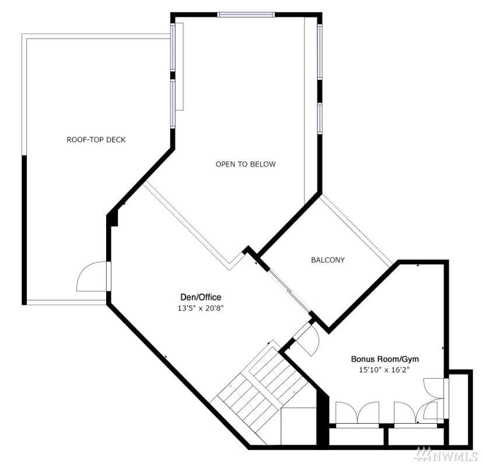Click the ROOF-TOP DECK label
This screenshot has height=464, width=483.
pyautogui.click(x=96, y=140)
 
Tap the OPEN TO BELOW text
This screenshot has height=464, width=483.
pyautogui.click(x=246, y=164)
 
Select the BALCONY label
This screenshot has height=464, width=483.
pyautogui.click(x=328, y=260)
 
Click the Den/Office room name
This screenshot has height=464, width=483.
pyautogui.click(x=201, y=297)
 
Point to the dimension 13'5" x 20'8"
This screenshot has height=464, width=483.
pyautogui.click(x=200, y=308)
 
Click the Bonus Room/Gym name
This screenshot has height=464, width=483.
pyautogui.click(x=385, y=359)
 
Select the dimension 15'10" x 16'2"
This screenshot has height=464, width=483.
pyautogui.click(x=384, y=369)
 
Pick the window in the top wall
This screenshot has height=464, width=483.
pyautogui.click(x=246, y=15)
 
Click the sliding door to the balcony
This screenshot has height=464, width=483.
pyautogui.click(x=289, y=291)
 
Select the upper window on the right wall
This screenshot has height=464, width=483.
pyautogui.click(x=320, y=51)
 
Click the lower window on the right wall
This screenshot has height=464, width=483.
pyautogui.click(x=320, y=118)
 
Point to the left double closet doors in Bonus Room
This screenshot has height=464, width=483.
pyautogui.click(x=357, y=413)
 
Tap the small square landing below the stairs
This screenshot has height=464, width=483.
pyautogui.click(x=299, y=426)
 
